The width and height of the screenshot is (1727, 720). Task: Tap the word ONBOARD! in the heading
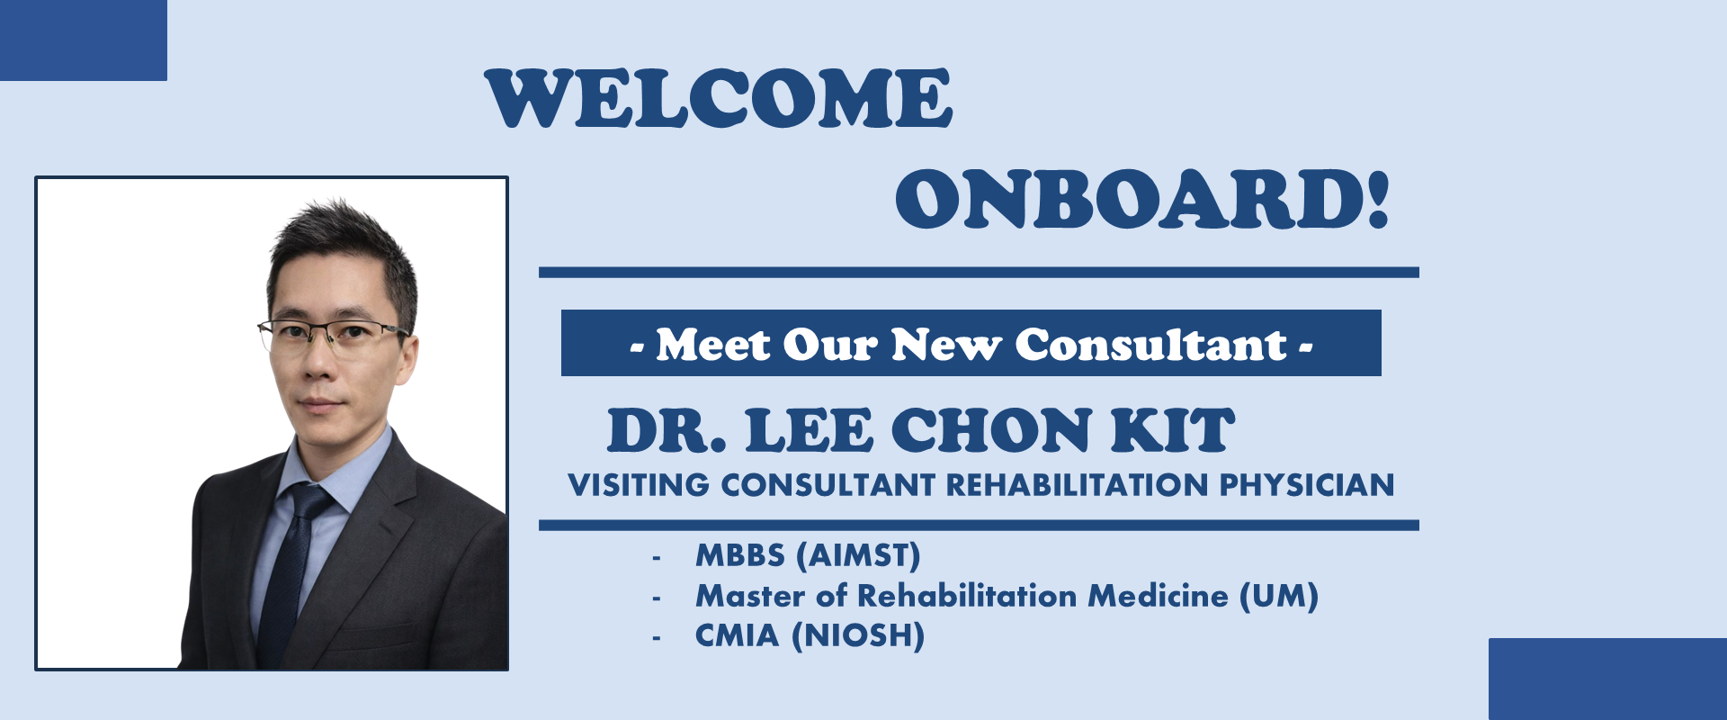pos(1142,199)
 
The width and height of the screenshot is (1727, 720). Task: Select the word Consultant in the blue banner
pos(1150,345)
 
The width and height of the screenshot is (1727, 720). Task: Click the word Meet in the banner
pos(713,345)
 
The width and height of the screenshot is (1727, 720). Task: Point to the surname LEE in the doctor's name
pos(809,430)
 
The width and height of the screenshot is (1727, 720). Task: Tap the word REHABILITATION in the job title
pos(1077,485)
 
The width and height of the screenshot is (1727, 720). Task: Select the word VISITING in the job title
pos(639,485)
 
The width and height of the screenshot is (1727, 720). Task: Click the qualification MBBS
pos(740,555)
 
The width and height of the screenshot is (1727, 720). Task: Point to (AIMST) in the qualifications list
pos(859,556)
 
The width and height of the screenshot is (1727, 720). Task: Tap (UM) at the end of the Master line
pos(1279,596)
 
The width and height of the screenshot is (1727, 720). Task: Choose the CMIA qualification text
pos(737,635)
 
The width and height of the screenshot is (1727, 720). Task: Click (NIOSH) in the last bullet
pos(858,636)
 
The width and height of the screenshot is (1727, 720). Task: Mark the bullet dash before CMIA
pos(657,638)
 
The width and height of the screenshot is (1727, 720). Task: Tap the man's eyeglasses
pos(331,337)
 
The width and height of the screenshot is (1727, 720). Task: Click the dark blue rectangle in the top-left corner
pos(84,40)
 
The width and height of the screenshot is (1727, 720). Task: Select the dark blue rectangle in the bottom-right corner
pos(1607,679)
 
